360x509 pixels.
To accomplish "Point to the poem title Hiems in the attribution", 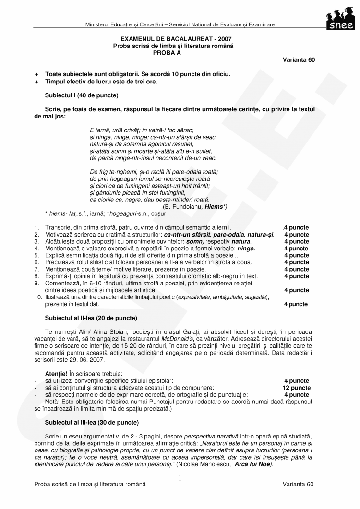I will tap(214, 206).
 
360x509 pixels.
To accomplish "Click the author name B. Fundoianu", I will tap(183, 206).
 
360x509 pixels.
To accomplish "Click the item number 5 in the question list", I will tap(36, 255).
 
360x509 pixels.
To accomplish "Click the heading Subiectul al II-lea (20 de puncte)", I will tap(91, 318).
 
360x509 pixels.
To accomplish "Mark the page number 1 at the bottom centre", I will tap(180, 478).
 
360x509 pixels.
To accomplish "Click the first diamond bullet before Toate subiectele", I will tap(37, 74).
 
